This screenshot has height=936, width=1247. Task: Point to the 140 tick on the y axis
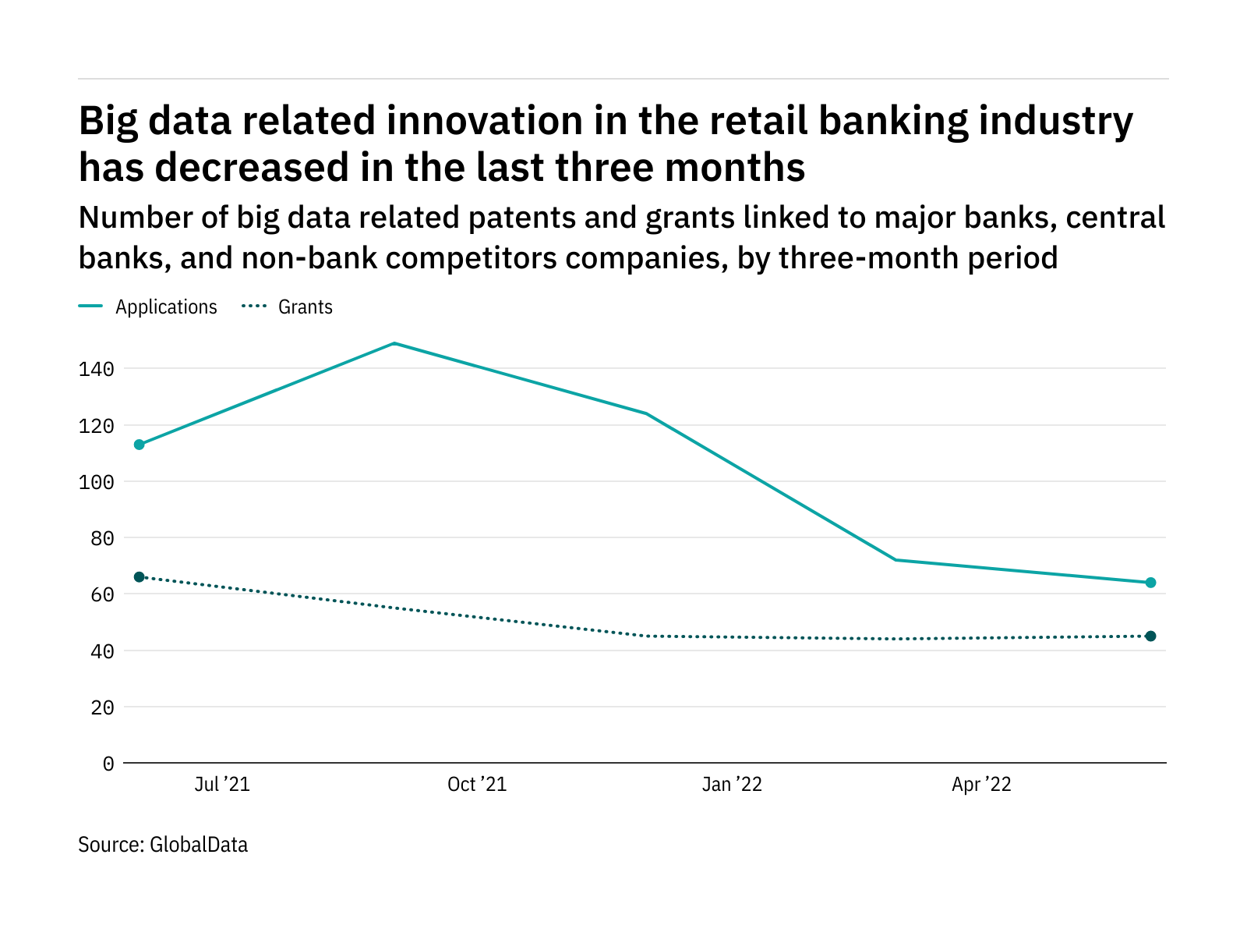pyautogui.click(x=97, y=369)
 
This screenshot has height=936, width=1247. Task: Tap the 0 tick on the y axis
pyautogui.click(x=108, y=764)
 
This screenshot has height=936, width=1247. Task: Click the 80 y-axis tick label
pyautogui.click(x=102, y=538)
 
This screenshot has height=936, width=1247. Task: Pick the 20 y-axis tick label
pyautogui.click(x=102, y=707)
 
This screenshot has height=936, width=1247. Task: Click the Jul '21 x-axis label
pyautogui.click(x=222, y=785)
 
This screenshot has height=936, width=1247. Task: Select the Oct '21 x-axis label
pyautogui.click(x=477, y=785)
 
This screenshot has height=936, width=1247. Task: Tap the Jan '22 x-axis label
pyautogui.click(x=732, y=785)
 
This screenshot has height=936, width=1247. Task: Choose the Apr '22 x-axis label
pyautogui.click(x=981, y=785)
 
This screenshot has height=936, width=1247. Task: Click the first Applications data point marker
pyautogui.click(x=140, y=445)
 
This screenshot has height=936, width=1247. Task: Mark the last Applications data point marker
pyautogui.click(x=1150, y=583)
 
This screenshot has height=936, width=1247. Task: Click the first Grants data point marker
pyautogui.click(x=140, y=577)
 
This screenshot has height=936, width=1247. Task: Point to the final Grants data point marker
pyautogui.click(x=1150, y=636)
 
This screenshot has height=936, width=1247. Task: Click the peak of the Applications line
pyautogui.click(x=394, y=343)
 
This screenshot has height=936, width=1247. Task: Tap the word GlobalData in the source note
pyautogui.click(x=199, y=845)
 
